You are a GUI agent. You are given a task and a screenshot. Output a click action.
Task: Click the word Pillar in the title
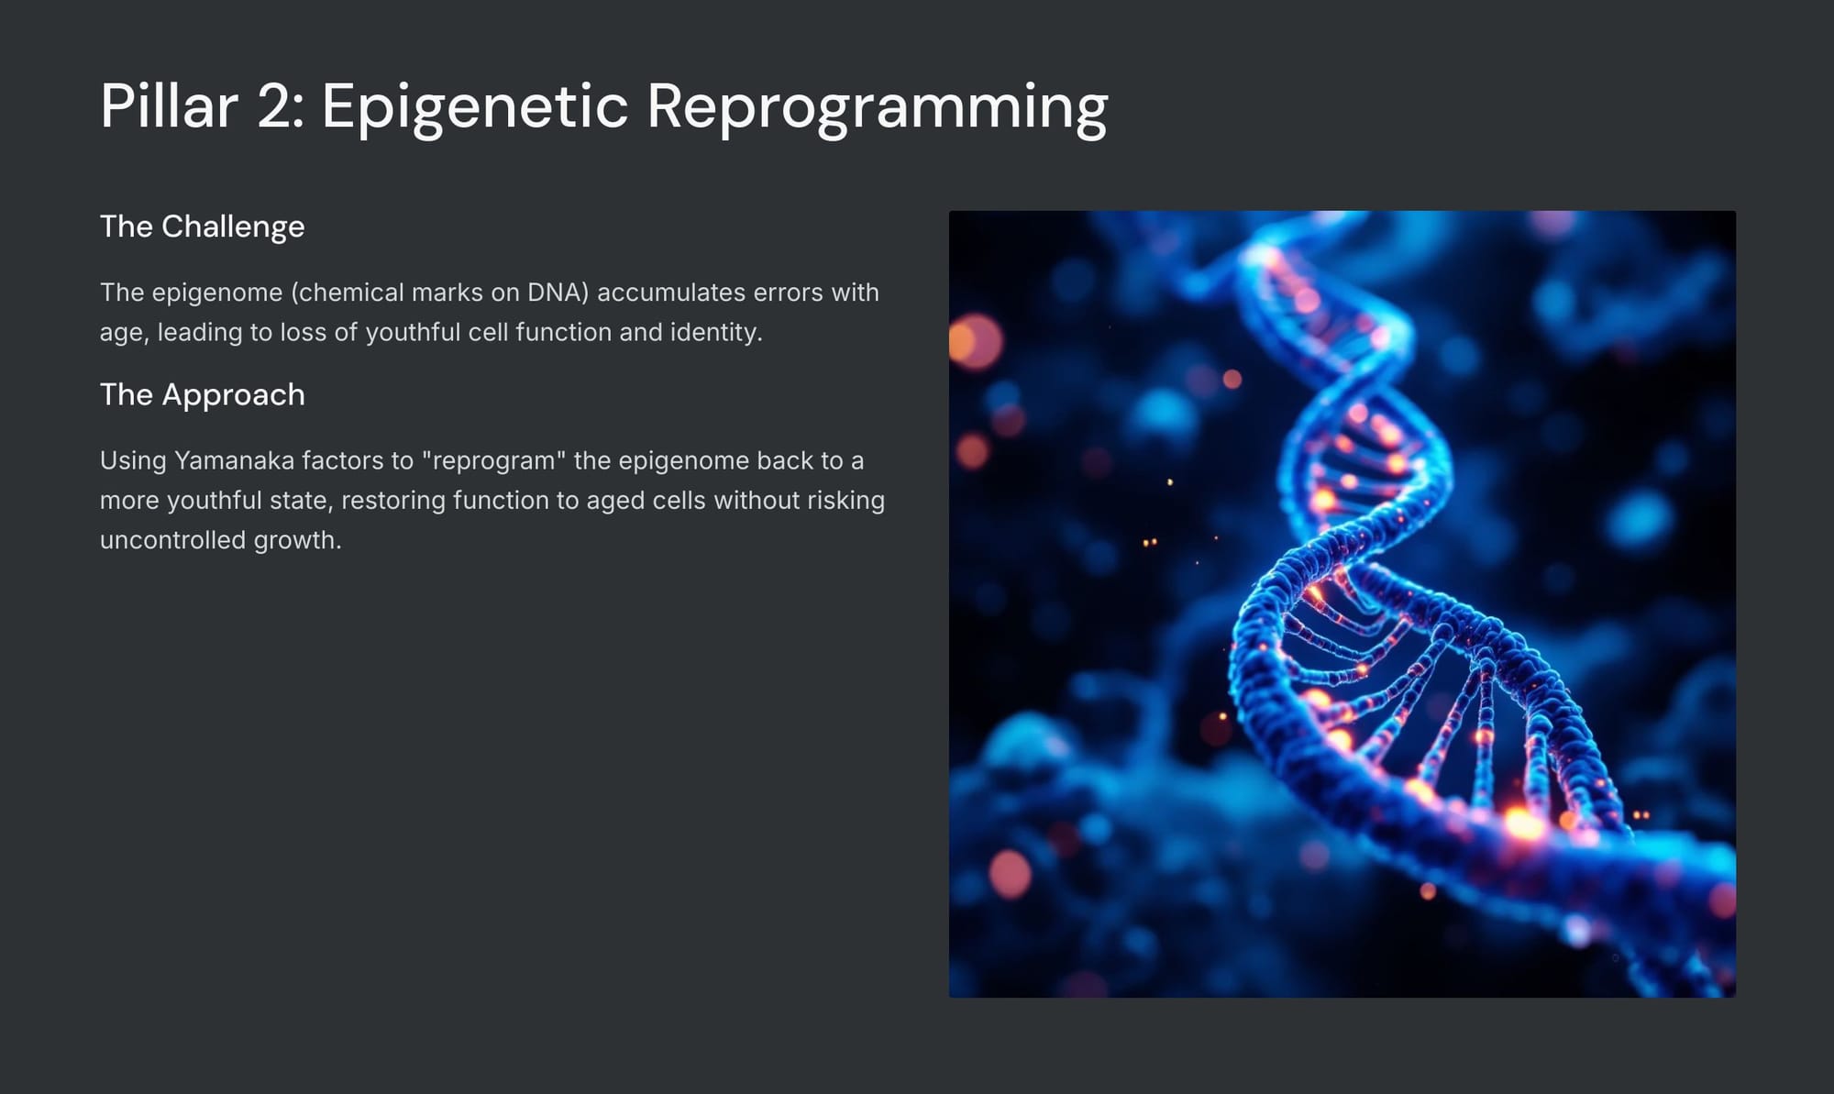pyautogui.click(x=169, y=105)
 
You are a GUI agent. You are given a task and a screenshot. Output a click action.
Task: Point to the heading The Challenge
pyautogui.click(x=202, y=227)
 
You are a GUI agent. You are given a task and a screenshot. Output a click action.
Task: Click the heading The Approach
pyautogui.click(x=202, y=394)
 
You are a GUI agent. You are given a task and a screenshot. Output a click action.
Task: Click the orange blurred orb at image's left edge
pyautogui.click(x=975, y=341)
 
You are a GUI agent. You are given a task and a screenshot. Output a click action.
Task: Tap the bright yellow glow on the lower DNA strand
pyautogui.click(x=1523, y=823)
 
